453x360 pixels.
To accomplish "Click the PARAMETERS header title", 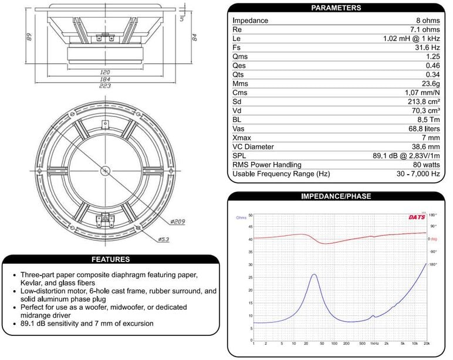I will tap(336, 8).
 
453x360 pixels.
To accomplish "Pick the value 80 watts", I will tap(424, 165).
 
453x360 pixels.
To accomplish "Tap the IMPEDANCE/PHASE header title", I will tap(336, 196).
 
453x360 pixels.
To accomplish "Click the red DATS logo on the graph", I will tap(417, 218).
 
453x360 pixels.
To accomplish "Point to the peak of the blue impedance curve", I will tap(315, 274).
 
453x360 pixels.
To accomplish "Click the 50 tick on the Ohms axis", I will tap(251, 215).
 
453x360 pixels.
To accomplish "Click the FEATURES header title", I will tap(110, 259).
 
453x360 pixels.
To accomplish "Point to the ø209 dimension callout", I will tap(178, 222).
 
